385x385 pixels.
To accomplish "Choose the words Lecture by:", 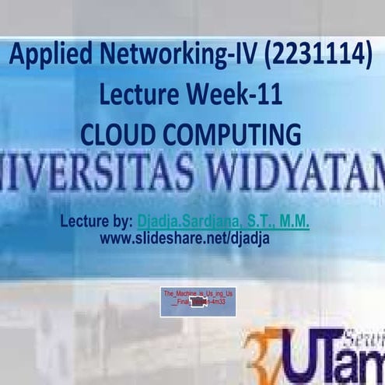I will [96, 222].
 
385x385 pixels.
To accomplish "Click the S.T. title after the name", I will [261, 222].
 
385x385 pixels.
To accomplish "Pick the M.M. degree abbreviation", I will [294, 222].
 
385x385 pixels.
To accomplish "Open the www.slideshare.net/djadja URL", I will [184, 238].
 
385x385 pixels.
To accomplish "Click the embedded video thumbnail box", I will [198, 302].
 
